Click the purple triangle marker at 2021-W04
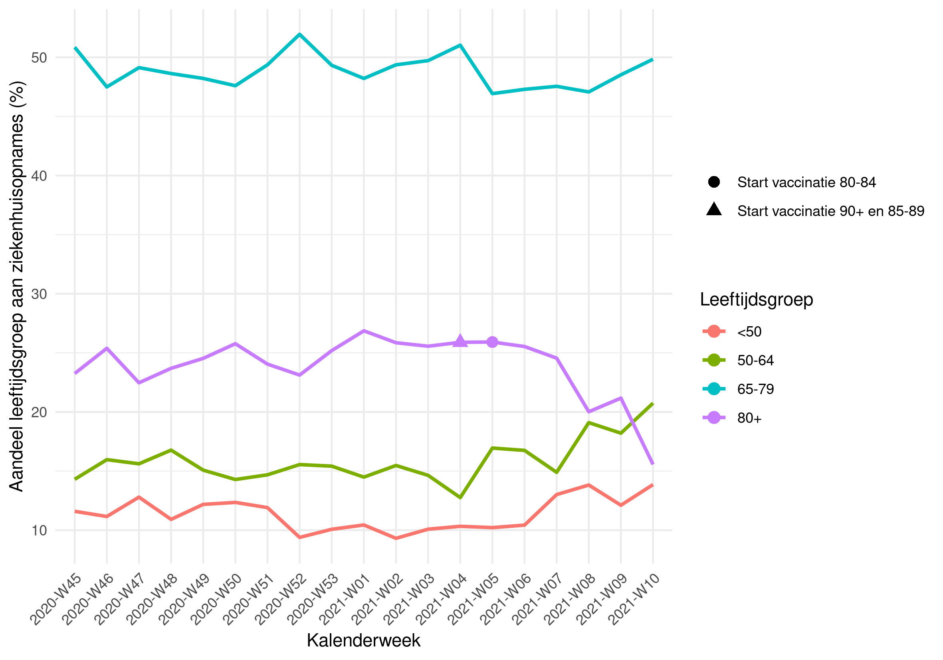[460, 341]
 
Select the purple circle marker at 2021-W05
[492, 342]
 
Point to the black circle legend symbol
[714, 182]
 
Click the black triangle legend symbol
[714, 210]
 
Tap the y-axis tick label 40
[40, 176]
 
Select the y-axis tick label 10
[40, 530]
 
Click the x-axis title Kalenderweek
[363, 640]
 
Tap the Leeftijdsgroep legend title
[756, 299]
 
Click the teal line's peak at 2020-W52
[299, 34]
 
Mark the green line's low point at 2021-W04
[460, 497]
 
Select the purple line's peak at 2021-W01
[364, 331]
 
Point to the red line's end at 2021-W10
[653, 485]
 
